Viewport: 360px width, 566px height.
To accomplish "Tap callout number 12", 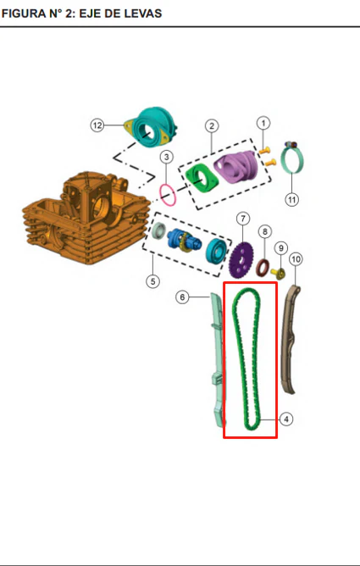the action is click(97, 125).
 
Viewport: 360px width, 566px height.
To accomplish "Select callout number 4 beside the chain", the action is click(286, 419).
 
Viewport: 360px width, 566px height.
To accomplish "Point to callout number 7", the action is click(243, 219).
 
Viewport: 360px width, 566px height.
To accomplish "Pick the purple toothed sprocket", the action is click(241, 260).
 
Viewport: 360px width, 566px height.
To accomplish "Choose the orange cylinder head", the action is click(86, 218).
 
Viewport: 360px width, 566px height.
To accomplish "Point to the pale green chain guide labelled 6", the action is click(217, 361).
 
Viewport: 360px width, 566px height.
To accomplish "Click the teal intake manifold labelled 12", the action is click(152, 126).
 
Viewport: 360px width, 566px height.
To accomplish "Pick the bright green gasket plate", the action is click(202, 178).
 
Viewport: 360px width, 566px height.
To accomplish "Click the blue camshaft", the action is click(184, 241).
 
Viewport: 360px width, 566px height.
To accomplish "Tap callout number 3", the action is click(166, 157).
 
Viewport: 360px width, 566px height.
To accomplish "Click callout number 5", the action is click(153, 281).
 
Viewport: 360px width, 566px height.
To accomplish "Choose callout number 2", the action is click(212, 126).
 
